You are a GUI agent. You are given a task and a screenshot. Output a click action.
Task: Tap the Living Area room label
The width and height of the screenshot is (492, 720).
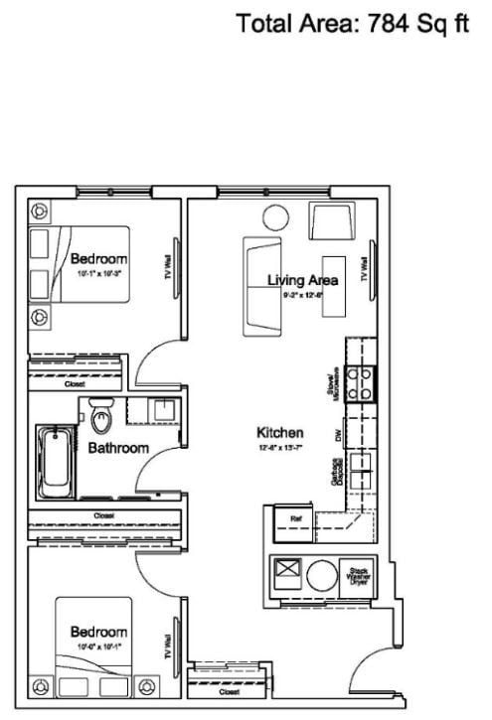tap(303, 280)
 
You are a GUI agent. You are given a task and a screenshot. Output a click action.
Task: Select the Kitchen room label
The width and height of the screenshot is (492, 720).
tap(280, 433)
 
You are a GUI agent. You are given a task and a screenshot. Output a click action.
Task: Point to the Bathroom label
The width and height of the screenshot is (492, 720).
tap(118, 448)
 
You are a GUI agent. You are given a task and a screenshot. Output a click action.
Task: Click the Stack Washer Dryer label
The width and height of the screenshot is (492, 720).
tap(356, 575)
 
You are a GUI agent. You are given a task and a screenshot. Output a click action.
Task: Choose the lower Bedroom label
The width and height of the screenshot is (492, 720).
tap(97, 632)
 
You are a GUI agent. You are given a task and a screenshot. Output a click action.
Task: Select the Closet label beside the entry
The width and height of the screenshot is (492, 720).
tap(229, 691)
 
